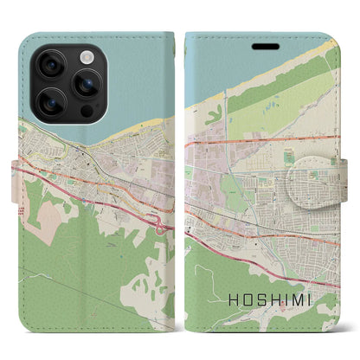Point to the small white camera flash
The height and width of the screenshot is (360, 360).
pyautogui.click(x=86, y=55)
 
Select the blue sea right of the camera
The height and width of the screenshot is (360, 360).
pyautogui.click(x=138, y=69)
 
